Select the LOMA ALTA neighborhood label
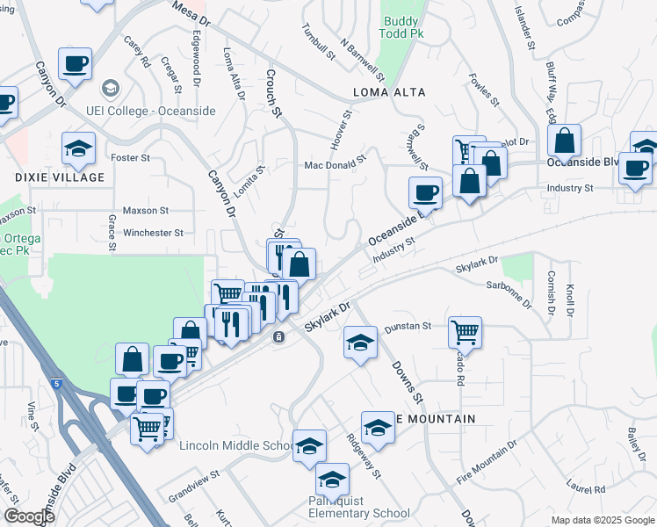click(389, 92)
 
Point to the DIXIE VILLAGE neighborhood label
click(60, 177)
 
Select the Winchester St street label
click(153, 233)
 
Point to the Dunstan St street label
click(408, 326)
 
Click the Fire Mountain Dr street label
click(486, 466)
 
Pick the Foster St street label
click(131, 158)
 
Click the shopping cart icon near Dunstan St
click(465, 332)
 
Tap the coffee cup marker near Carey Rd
click(75, 63)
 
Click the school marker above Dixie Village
click(78, 148)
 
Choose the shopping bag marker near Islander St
click(564, 140)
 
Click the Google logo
click(29, 516)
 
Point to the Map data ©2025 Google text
click(602, 520)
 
